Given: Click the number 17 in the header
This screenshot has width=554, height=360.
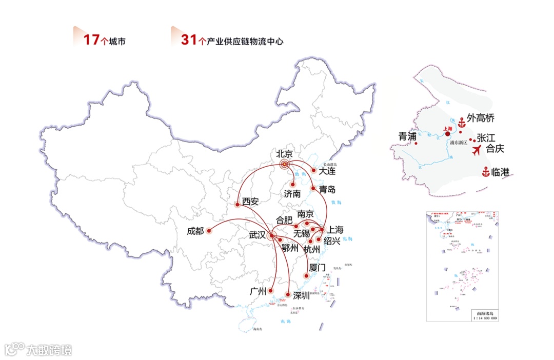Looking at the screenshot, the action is (x=90, y=40).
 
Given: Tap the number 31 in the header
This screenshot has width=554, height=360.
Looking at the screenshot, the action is (x=188, y=40).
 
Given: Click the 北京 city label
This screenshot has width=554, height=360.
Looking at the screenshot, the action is (x=284, y=153).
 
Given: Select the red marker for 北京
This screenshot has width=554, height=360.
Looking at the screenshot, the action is (x=284, y=165).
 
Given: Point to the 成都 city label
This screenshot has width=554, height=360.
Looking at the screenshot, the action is (x=195, y=231).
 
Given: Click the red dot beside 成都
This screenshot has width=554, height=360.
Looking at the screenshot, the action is (x=209, y=231).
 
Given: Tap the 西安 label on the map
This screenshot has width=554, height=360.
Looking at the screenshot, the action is (x=250, y=202).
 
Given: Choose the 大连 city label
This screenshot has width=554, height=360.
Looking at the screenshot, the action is (x=327, y=171).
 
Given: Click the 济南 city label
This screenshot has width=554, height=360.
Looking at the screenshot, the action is (x=292, y=194).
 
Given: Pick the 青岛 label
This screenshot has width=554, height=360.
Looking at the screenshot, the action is (x=327, y=190).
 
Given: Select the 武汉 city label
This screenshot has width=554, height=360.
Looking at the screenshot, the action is (x=257, y=235).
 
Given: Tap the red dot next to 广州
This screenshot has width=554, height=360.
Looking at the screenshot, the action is (x=270, y=291).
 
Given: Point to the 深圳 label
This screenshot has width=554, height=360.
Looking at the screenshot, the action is (x=301, y=295).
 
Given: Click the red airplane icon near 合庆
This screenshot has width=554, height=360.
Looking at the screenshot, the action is (x=477, y=150).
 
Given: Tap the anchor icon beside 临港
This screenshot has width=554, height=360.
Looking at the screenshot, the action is (x=485, y=172).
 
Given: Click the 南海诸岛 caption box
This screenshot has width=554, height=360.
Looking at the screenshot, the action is (x=485, y=315).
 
